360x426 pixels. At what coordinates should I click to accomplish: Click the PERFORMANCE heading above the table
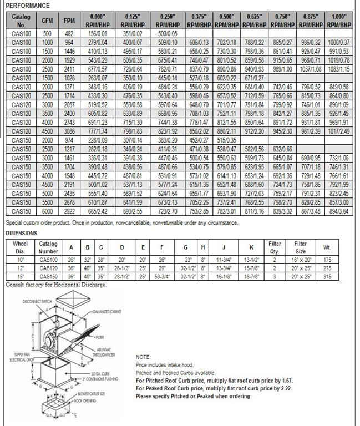click(27, 6)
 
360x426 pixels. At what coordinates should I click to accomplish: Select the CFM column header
click(47, 21)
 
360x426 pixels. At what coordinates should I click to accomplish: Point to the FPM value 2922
click(69, 211)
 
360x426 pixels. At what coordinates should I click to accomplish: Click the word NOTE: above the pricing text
click(143, 358)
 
